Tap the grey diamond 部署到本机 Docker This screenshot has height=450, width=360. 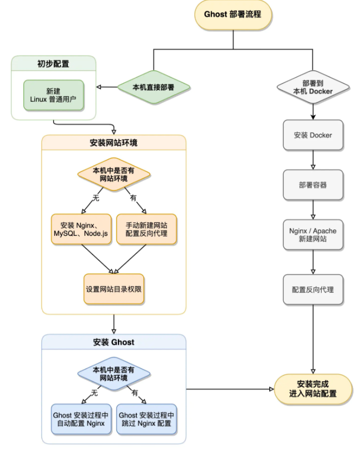coord(313,87)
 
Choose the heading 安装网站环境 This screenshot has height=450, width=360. coord(114,143)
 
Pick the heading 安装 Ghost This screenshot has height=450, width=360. coord(114,342)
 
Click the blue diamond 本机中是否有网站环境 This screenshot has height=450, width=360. coord(114,374)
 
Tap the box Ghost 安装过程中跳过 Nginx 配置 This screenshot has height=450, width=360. coord(146,418)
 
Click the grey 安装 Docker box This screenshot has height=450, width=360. coord(313,135)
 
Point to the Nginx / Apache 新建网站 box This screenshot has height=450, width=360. coord(313,235)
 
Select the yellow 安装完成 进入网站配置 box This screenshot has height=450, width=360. coord(313,388)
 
